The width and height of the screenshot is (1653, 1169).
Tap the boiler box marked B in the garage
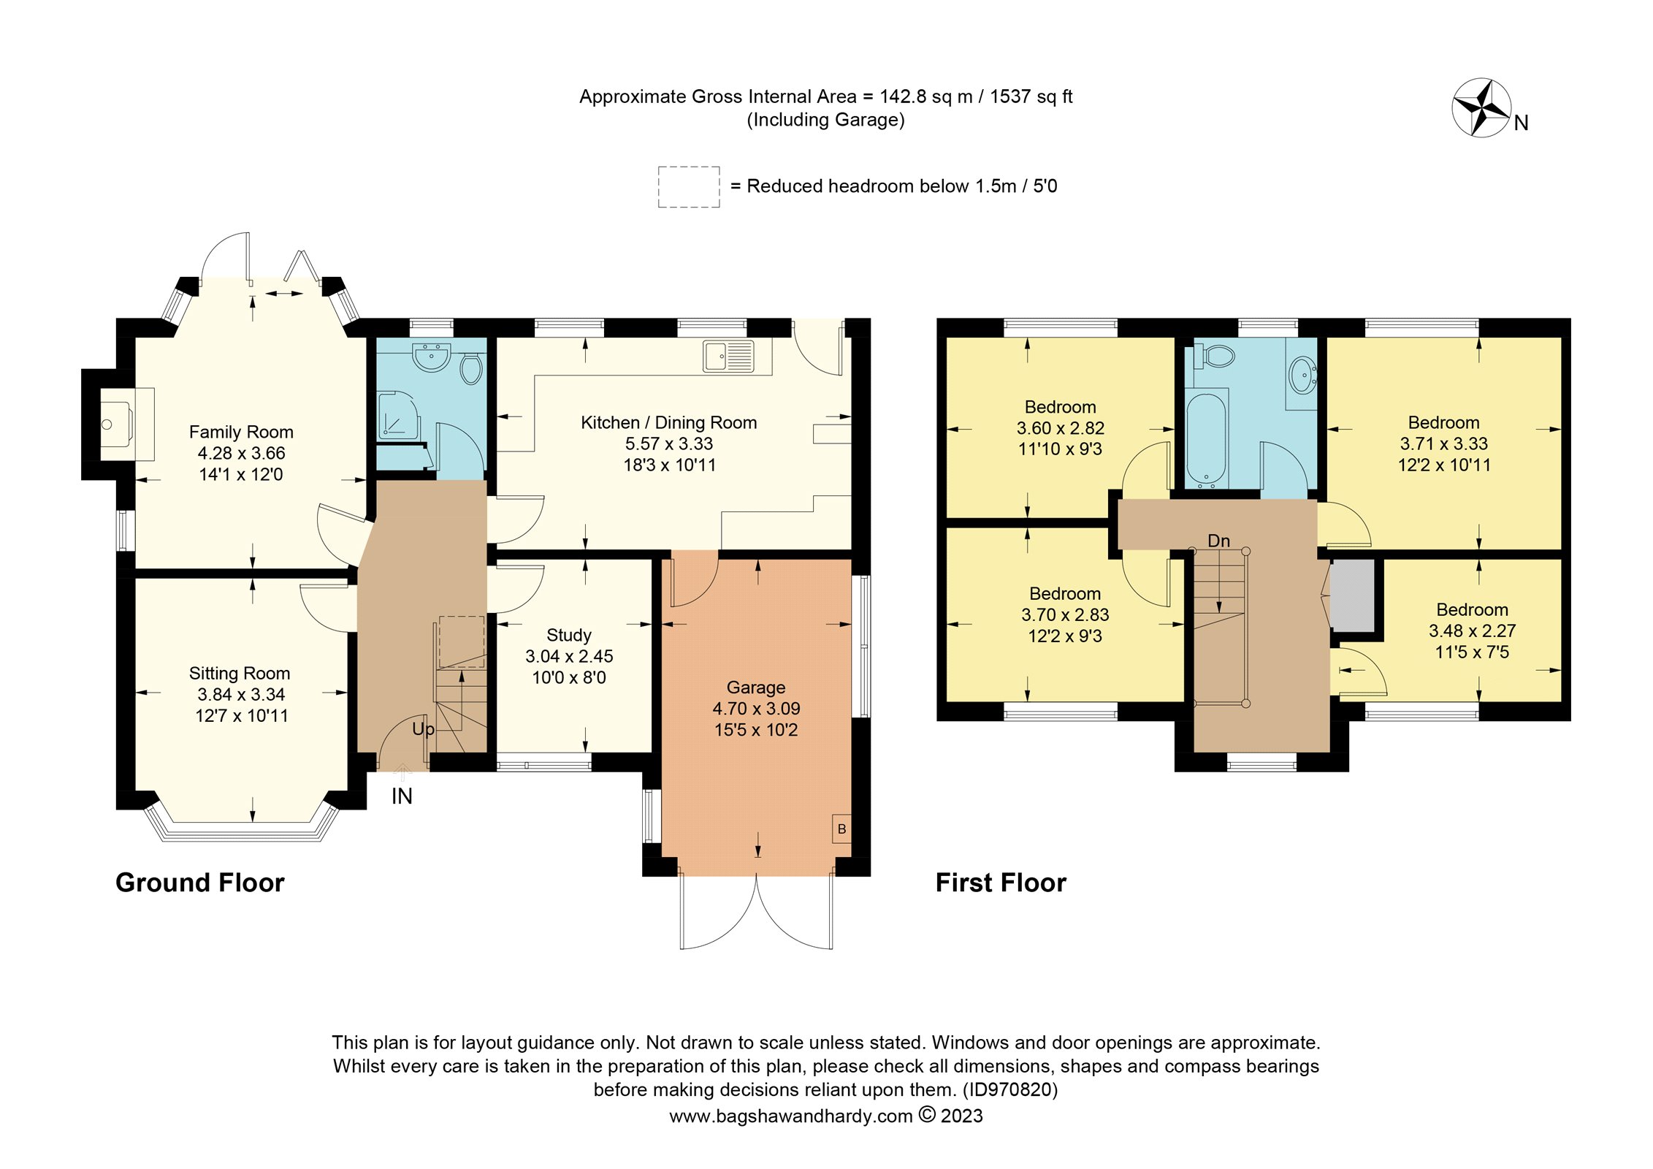coord(841,829)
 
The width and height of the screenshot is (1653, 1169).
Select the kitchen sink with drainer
coord(728,356)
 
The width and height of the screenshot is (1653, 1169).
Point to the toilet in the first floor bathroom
coord(1215,356)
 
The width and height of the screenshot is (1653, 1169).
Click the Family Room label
coord(241,432)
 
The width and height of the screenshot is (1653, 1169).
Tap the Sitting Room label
coord(240,673)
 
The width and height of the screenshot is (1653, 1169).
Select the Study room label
coord(569,635)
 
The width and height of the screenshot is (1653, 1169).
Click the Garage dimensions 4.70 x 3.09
coord(756,708)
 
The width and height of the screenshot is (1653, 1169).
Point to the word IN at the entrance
coord(402,796)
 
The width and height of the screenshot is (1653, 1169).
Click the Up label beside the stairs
coord(424,729)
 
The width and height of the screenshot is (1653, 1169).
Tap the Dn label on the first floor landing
coord(1218,541)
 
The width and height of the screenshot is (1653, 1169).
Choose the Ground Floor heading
coord(200,883)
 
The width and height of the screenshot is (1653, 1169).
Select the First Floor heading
coord(1001,883)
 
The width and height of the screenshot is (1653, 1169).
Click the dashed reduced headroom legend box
coord(689,187)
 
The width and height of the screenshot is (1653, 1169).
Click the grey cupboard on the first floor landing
coord(1352,595)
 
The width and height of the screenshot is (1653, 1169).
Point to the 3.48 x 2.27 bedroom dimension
coord(1472,631)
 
